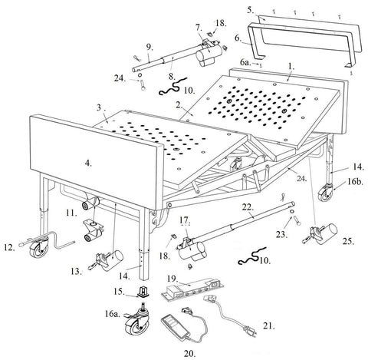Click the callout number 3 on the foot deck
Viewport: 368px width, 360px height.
click(100, 107)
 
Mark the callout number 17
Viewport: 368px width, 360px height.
click(185, 221)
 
